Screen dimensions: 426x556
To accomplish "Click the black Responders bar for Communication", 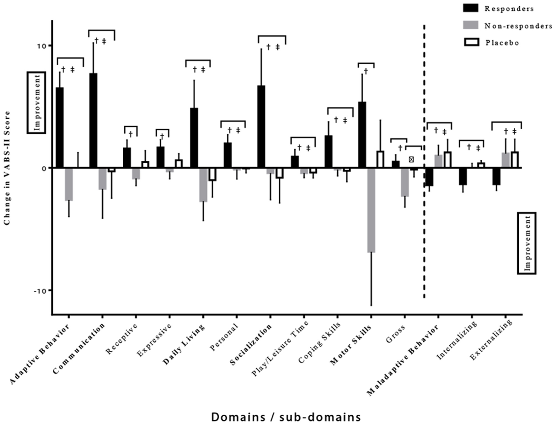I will coord(93,121).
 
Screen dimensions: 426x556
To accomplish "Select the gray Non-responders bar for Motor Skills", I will coord(371,210).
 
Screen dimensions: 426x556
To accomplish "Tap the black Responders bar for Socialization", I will coord(261,127).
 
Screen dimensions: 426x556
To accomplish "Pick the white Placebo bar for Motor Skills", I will coord(380,159).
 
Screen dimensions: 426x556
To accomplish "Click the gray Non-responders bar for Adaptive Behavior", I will coord(69,184).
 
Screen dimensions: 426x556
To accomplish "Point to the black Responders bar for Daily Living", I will coord(194,138).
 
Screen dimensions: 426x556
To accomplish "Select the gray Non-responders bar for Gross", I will coord(405,182).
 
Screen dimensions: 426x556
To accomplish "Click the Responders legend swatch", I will coord(470,8).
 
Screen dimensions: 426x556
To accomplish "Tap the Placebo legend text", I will coord(502,43).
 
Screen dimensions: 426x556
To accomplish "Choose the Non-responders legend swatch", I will coord(470,25).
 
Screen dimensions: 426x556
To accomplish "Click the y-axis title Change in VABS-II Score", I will coord(7,168).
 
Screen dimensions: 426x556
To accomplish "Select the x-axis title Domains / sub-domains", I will coord(286,417).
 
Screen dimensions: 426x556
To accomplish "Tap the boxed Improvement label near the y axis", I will coord(36,103).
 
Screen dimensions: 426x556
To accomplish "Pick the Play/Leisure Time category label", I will coord(280,348).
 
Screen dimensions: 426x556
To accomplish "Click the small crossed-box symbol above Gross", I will coord(411,159).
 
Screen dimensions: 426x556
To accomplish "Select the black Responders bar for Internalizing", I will coord(463,176).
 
